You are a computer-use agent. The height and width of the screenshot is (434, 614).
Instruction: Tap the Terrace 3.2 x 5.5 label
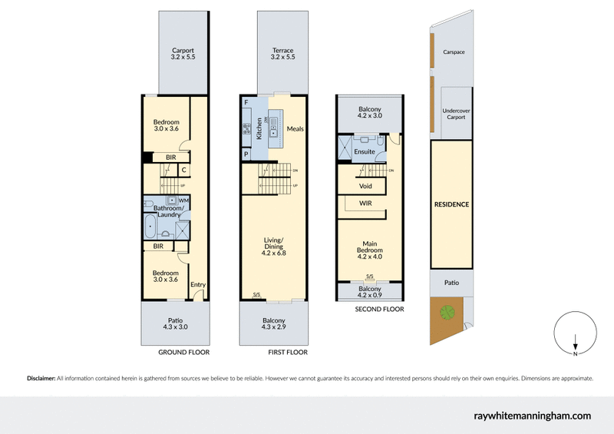282,54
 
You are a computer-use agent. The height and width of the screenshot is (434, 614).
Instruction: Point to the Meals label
295,129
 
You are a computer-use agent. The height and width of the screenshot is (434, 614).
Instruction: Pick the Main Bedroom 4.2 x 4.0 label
370,250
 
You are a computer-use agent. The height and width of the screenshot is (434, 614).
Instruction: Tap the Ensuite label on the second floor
365,152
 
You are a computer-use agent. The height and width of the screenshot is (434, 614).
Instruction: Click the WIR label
365,204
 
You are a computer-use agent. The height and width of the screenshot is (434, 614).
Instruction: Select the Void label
365,186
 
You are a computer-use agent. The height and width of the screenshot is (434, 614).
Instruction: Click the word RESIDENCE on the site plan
451,205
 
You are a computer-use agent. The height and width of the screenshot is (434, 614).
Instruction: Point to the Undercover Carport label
456,115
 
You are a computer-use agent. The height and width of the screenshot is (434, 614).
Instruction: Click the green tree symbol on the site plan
446,312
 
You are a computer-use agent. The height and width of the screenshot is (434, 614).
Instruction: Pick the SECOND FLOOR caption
378,310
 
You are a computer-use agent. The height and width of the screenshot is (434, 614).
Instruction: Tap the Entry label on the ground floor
198,285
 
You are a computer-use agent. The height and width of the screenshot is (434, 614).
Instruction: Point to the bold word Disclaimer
41,379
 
